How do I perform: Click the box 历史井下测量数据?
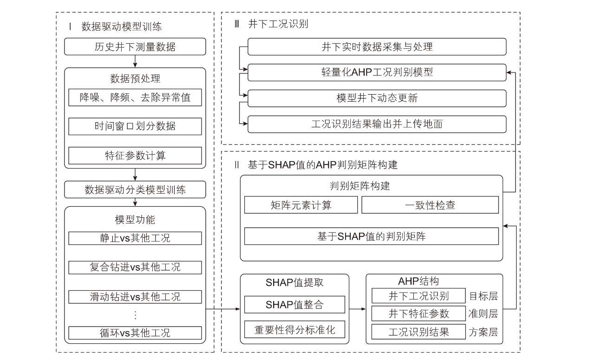tap(135, 46)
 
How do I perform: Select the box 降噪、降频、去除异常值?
tap(135, 98)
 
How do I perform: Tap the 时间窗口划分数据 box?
tap(135, 126)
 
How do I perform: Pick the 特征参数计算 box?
tap(135, 156)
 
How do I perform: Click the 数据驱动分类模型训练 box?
tap(135, 190)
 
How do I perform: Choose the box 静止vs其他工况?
tap(135, 238)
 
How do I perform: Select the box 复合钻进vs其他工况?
tap(135, 268)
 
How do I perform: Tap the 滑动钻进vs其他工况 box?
tap(135, 297)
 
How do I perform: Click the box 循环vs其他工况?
tap(135, 333)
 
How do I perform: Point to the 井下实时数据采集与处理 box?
tap(377, 47)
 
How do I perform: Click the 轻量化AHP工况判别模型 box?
tap(377, 72)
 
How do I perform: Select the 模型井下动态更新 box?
tap(377, 98)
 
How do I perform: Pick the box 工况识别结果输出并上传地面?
tap(377, 124)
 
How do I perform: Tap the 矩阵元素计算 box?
tap(301, 205)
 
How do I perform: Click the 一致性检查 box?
tap(430, 205)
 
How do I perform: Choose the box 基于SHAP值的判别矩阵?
tap(371, 236)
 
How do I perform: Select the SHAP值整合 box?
tap(294, 305)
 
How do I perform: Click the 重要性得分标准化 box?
tap(294, 329)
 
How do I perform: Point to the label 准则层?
tap(483, 314)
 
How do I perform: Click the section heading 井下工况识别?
tap(278, 24)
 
